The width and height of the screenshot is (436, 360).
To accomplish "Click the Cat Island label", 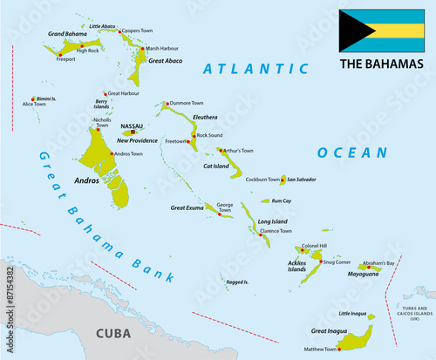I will [216, 166].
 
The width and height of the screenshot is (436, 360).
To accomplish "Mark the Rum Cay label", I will [282, 200].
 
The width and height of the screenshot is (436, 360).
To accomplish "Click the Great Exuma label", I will [187, 207].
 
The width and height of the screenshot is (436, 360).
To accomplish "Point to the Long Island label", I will [274, 222].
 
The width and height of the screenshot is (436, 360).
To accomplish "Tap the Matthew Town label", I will [320, 350].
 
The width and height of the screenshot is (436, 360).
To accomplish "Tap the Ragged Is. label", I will [237, 282].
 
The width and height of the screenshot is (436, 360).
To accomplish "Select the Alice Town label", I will [34, 105].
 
